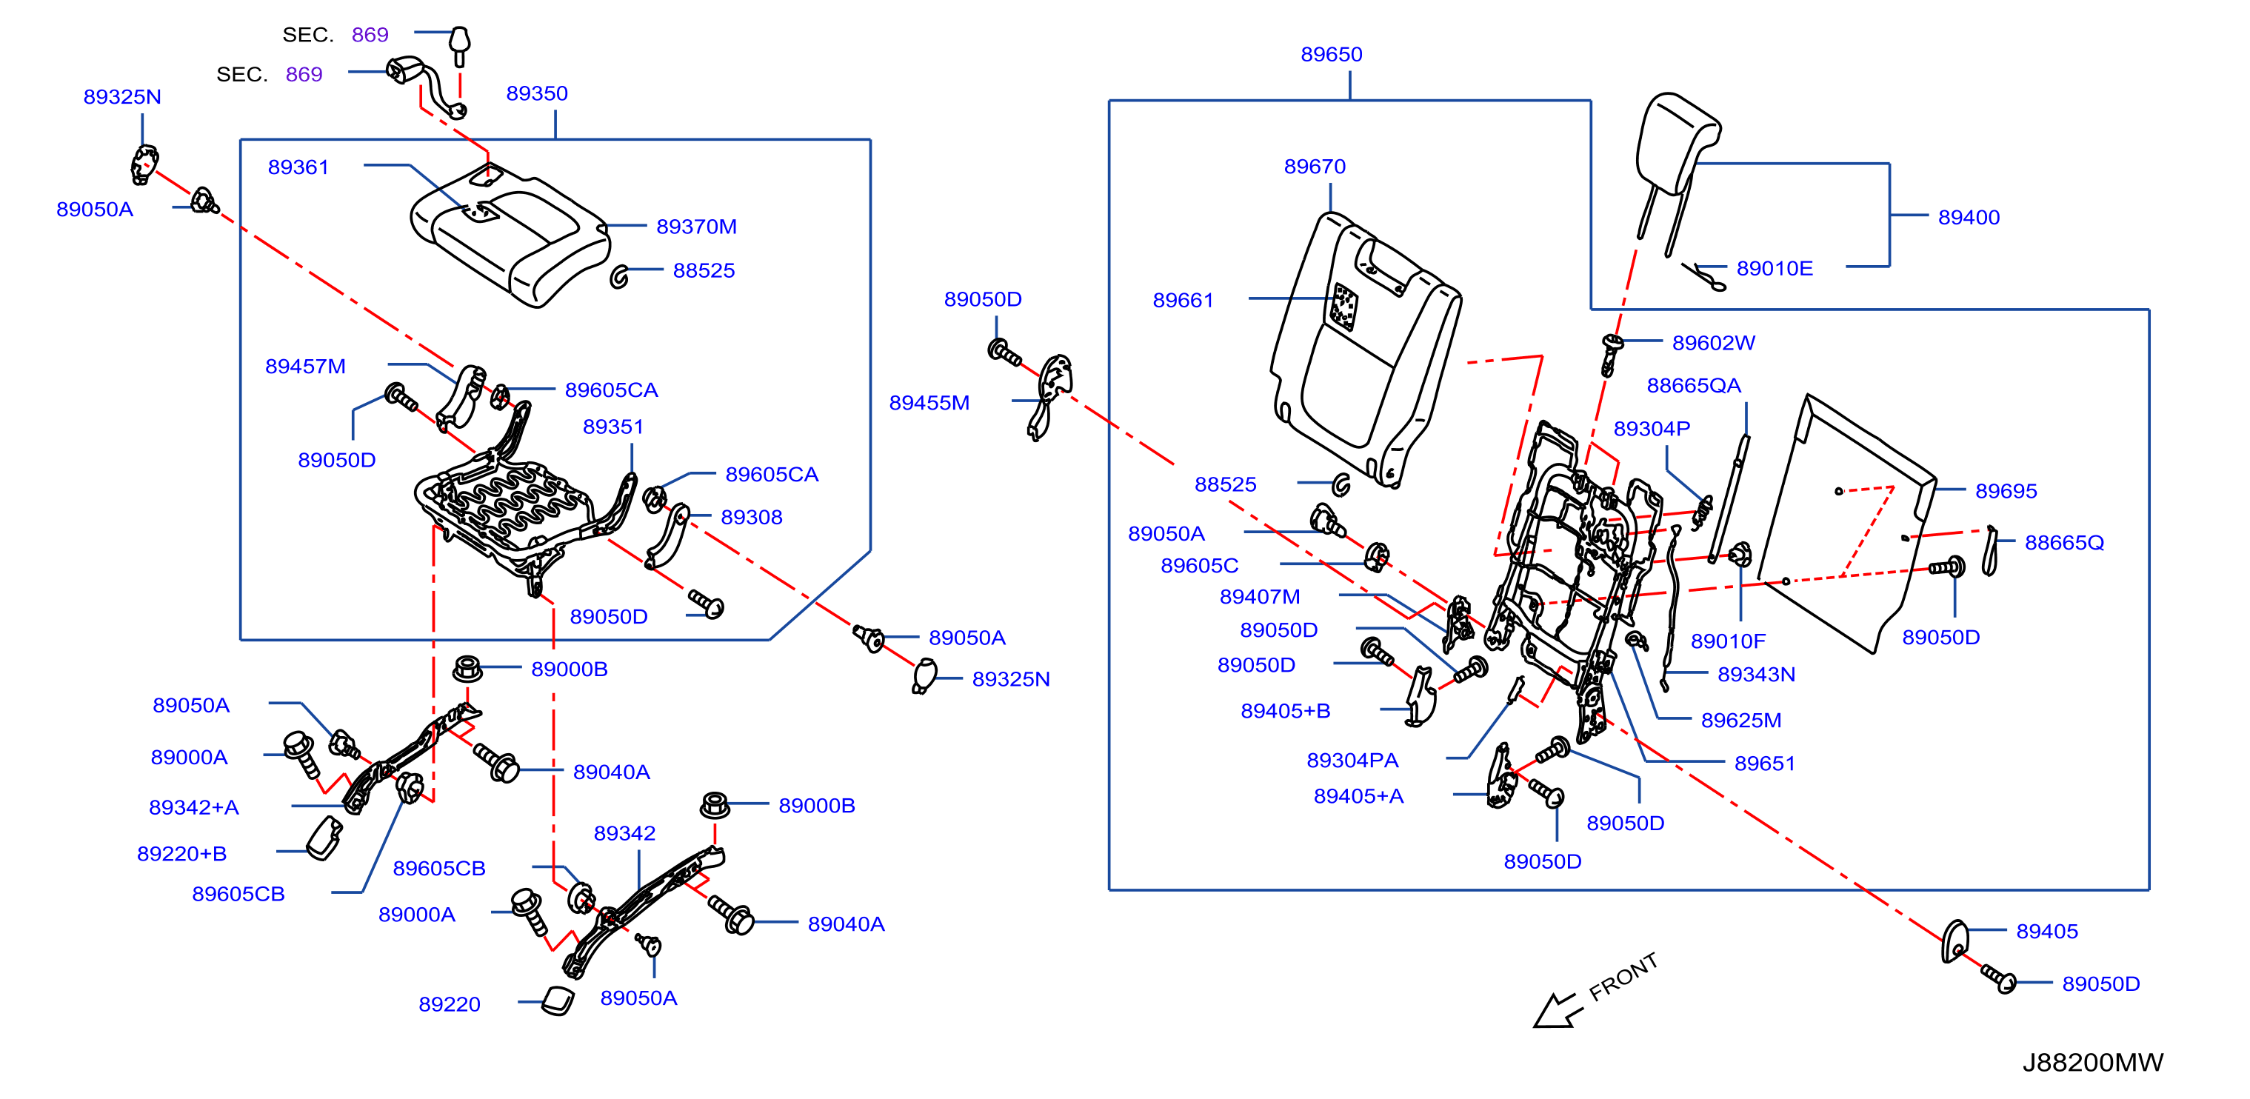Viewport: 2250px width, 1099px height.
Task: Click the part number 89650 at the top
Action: point(1331,54)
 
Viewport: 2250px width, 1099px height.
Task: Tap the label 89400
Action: point(1969,218)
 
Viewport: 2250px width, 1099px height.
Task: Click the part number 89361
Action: point(298,167)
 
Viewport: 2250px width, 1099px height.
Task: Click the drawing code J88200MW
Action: point(2093,1062)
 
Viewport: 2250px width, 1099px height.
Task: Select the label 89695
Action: point(2006,491)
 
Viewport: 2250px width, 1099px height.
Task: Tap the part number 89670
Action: point(1315,166)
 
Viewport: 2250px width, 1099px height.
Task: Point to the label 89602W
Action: point(1713,342)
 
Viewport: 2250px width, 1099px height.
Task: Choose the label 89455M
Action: point(929,403)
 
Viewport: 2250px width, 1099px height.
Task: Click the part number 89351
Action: point(613,427)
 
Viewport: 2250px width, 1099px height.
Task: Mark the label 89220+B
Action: point(181,854)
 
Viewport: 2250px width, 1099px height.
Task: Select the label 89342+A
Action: point(194,807)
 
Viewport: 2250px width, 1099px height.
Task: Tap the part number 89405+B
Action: point(1286,711)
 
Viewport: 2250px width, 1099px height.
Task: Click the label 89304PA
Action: point(1352,760)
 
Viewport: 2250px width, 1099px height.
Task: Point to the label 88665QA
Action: point(1694,385)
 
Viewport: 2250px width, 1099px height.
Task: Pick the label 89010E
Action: point(1775,268)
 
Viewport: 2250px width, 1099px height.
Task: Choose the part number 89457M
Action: point(306,366)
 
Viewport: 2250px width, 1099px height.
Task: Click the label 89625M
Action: point(1740,720)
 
